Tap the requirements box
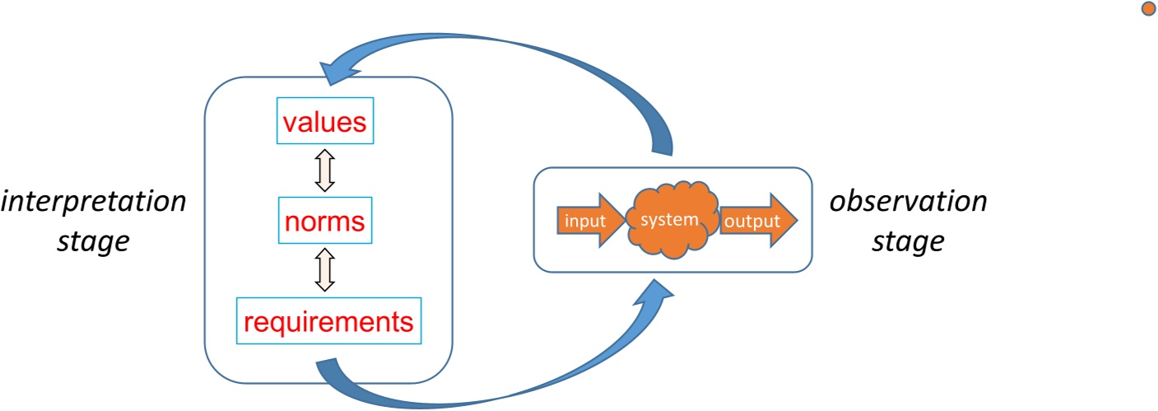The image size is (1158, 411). [328, 320]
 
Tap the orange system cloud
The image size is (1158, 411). [672, 220]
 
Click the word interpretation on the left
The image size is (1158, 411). [93, 202]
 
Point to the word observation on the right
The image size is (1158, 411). [908, 202]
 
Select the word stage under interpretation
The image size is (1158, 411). [93, 242]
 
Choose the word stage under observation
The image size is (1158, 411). [908, 242]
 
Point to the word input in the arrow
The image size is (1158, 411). [582, 220]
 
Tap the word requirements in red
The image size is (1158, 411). [328, 320]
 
